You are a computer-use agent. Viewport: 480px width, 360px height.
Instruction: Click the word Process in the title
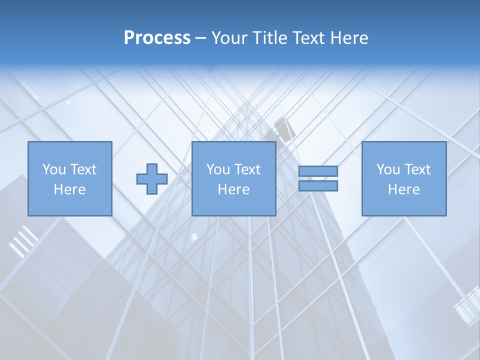point(157,38)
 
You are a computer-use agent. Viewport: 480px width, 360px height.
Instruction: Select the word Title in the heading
point(270,38)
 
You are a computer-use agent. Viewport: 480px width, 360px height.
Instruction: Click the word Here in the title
point(350,38)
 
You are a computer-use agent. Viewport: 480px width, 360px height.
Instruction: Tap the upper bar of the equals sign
point(318,171)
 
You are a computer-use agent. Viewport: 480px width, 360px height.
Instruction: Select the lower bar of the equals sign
point(318,186)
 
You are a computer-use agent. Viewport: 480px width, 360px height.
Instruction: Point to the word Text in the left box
point(82,169)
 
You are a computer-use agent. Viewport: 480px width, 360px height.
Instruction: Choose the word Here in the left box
point(69,189)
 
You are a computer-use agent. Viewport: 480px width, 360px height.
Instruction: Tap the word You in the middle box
point(218,169)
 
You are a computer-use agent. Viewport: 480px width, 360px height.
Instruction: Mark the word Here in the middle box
point(233,189)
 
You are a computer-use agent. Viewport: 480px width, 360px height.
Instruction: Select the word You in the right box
point(388,169)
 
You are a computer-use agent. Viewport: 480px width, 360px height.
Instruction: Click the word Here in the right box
point(403,189)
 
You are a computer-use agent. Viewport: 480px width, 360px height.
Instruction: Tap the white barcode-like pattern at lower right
point(467,305)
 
